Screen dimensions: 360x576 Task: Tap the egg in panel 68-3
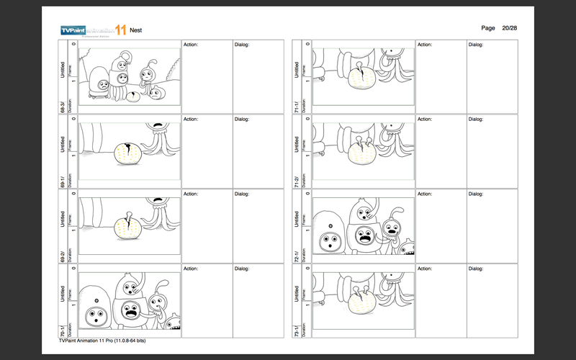click(x=134, y=96)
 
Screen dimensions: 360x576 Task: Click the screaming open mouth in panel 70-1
click(x=131, y=312)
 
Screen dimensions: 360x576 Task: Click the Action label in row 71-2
click(x=426, y=120)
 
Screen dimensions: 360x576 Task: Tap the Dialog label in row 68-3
click(x=242, y=45)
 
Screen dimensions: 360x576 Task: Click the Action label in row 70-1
click(x=191, y=269)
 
